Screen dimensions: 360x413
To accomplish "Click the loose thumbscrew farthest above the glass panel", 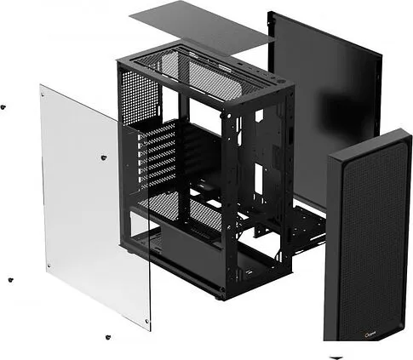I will pyautogui.click(x=3, y=106).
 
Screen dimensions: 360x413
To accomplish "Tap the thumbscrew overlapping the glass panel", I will pyautogui.click(x=103, y=157).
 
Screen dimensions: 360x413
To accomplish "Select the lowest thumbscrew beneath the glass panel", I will pyautogui.click(x=107, y=337).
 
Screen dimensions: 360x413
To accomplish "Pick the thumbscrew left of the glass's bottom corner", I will pyautogui.click(x=10, y=279).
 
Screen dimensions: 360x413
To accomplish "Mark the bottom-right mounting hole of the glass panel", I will pyautogui.click(x=146, y=322).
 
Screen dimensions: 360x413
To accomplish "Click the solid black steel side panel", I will pyautogui.click(x=324, y=94).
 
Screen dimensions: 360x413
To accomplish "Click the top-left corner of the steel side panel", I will pyautogui.click(x=272, y=14).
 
